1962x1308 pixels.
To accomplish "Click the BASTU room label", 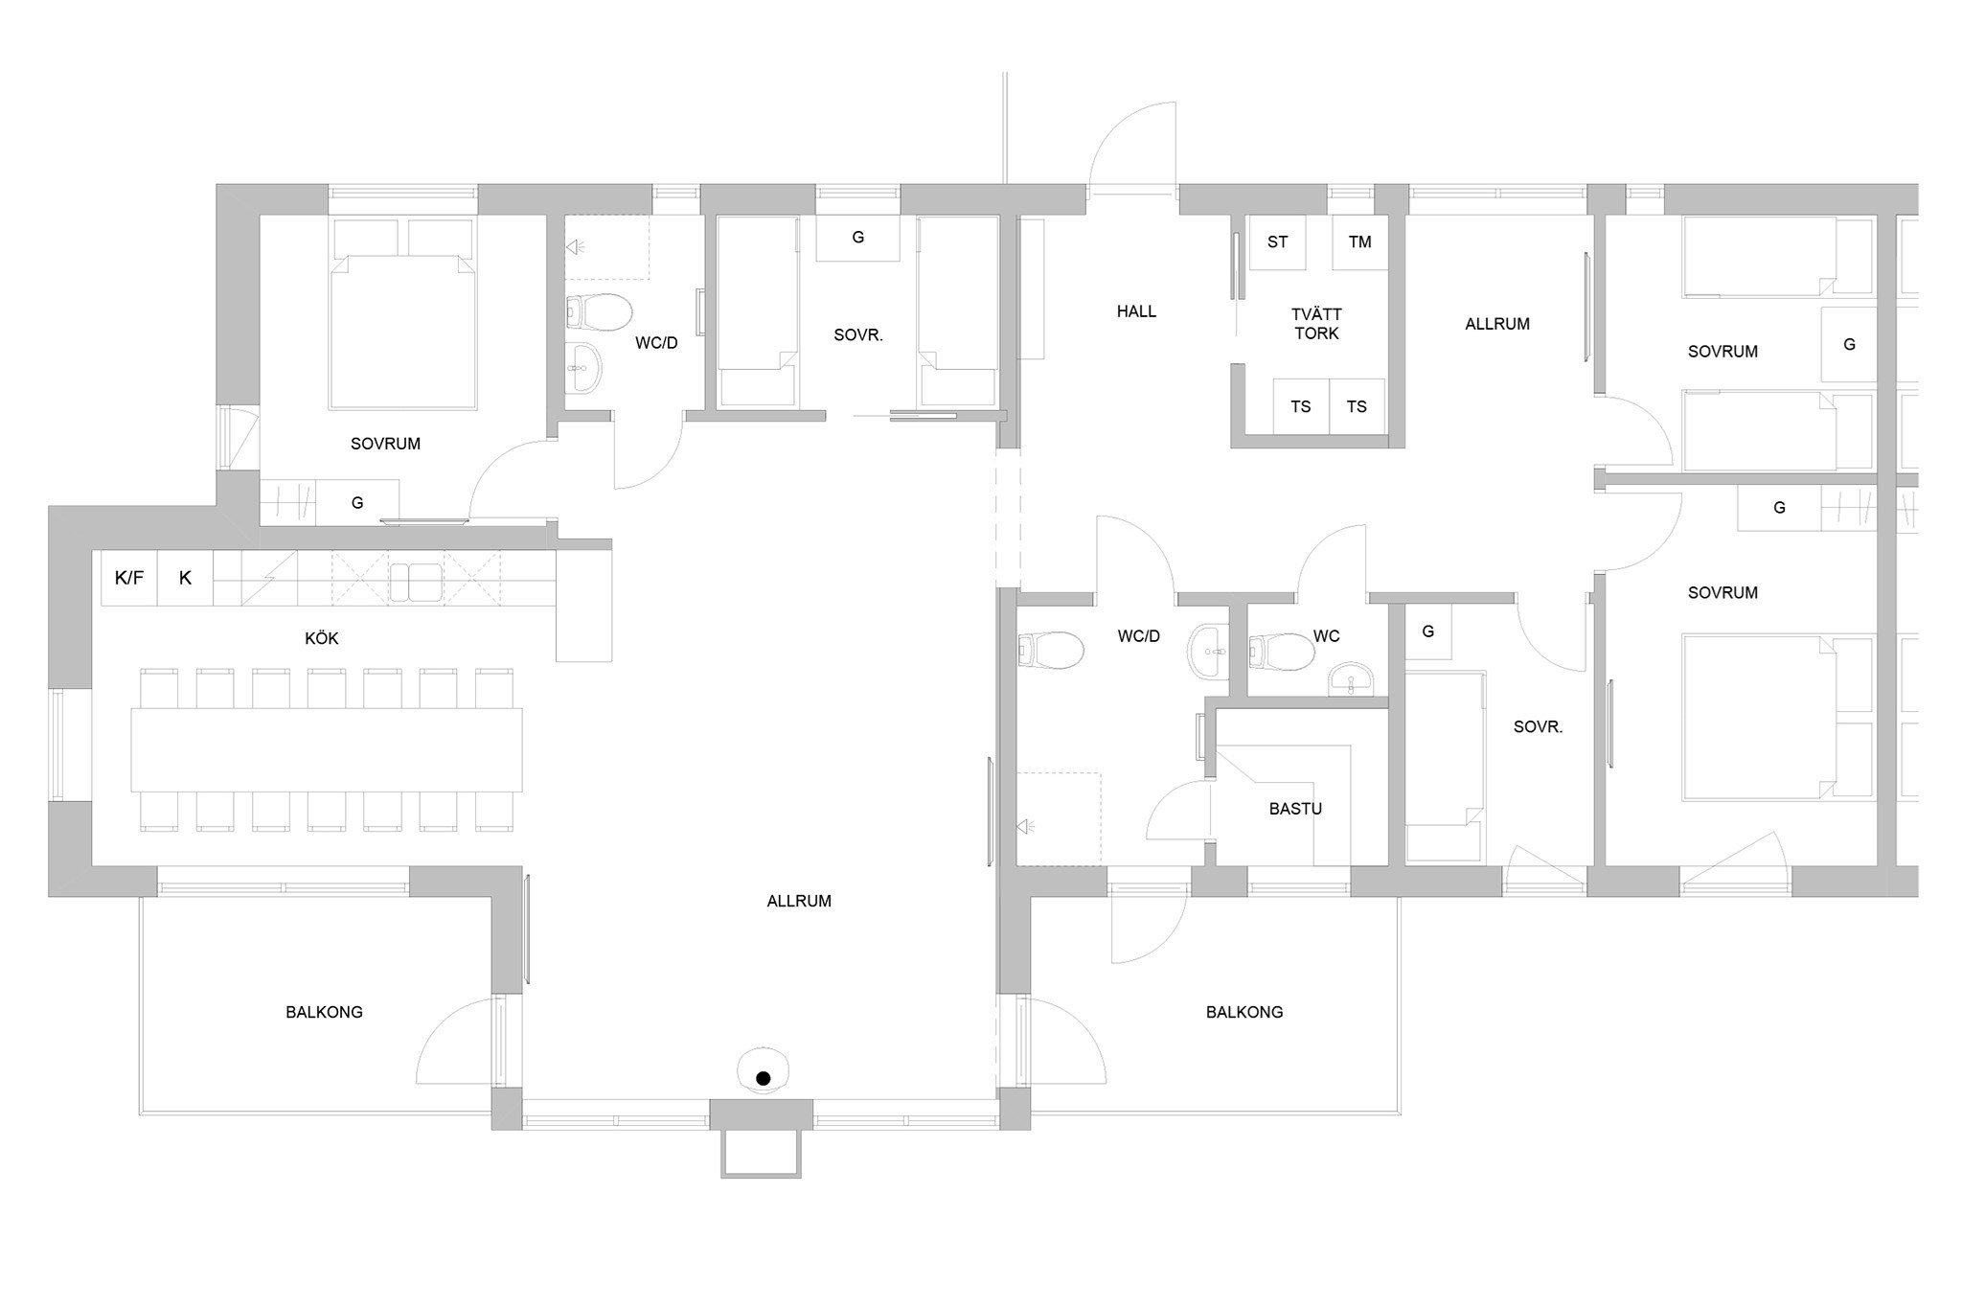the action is point(1295,809).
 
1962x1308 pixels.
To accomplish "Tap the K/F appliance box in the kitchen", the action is point(129,578).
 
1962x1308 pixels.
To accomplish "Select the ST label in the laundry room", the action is point(1277,242).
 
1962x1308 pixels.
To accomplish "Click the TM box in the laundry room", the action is point(1359,242).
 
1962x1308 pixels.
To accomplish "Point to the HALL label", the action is point(1136,311).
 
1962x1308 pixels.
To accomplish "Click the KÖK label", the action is point(322,638).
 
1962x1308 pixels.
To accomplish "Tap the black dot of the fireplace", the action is point(764,1079).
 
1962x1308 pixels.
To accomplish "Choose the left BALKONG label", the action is point(324,1012).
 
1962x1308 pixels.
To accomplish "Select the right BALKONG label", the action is point(1244,1012).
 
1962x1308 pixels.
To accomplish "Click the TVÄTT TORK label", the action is point(1316,324).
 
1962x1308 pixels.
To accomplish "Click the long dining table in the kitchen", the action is point(327,749).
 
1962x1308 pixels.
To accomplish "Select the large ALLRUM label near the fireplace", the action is point(799,901).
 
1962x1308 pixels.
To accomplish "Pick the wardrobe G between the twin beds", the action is point(857,238).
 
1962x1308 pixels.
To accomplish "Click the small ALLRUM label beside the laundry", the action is point(1497,324).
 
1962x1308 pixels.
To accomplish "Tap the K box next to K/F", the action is point(185,578).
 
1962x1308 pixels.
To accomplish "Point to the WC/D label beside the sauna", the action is point(1138,636).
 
